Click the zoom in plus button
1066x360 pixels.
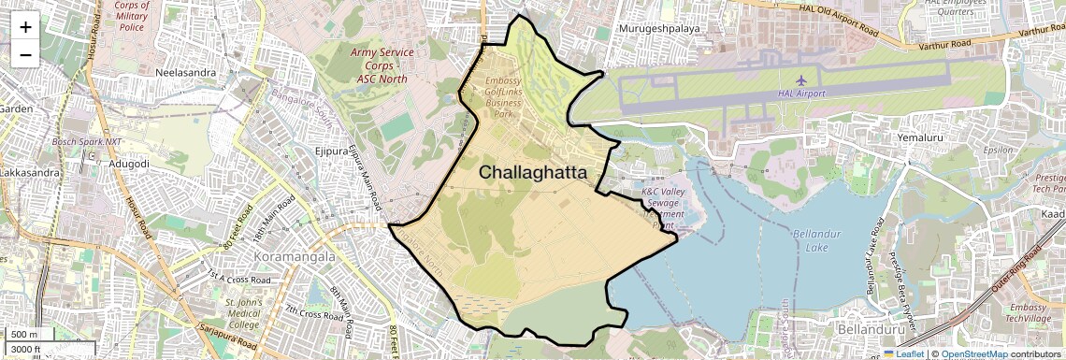point(25,27)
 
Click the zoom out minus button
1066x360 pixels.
point(25,55)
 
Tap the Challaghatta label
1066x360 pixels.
point(533,173)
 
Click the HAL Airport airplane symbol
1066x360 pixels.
point(801,79)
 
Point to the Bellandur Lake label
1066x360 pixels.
point(818,240)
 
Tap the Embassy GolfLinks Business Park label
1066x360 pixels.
point(504,97)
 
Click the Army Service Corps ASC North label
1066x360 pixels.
point(382,65)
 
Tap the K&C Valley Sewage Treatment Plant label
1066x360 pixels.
point(663,208)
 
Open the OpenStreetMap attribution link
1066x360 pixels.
point(973,354)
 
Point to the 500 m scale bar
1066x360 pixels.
point(24,335)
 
